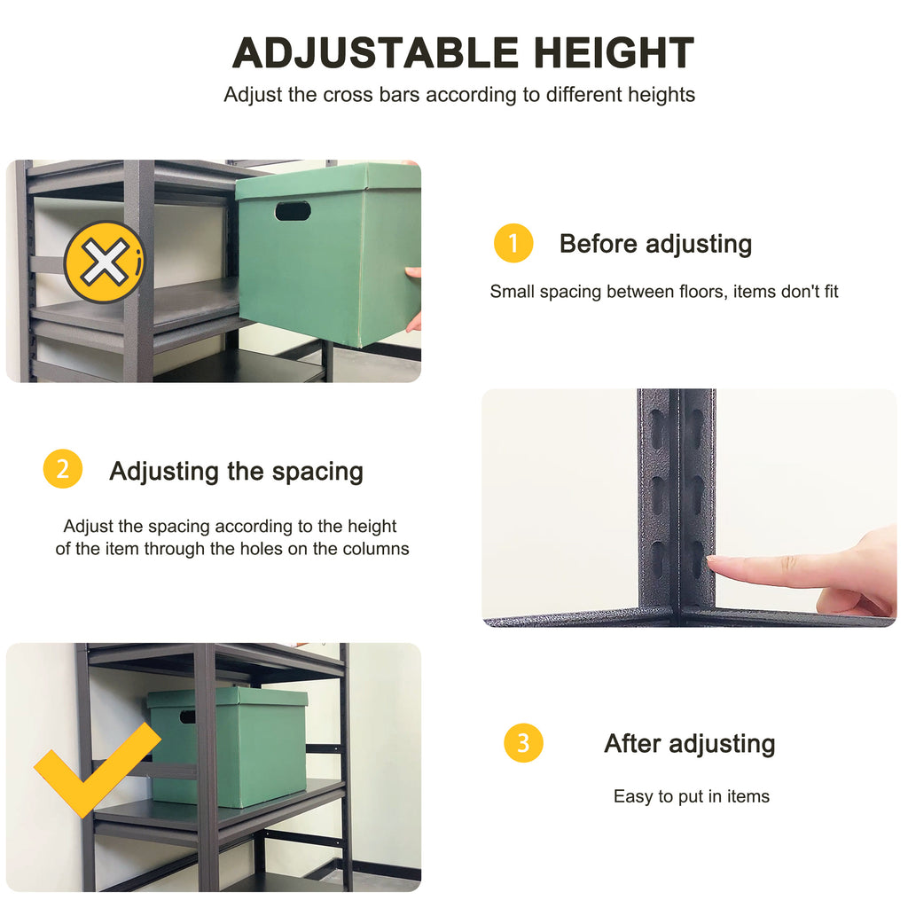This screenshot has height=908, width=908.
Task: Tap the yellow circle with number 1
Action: (x=513, y=243)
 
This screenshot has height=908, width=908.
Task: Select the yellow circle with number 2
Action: (x=62, y=469)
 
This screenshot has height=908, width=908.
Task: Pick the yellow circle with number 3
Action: (x=523, y=742)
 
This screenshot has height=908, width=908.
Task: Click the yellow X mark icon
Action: (x=105, y=262)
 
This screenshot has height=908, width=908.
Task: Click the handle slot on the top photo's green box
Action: (x=293, y=211)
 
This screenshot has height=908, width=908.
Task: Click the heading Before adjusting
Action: (x=655, y=244)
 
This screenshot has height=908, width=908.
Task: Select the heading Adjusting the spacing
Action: (x=236, y=471)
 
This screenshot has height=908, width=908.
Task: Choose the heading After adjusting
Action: (x=689, y=743)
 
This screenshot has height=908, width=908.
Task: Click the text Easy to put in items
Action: (x=691, y=796)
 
